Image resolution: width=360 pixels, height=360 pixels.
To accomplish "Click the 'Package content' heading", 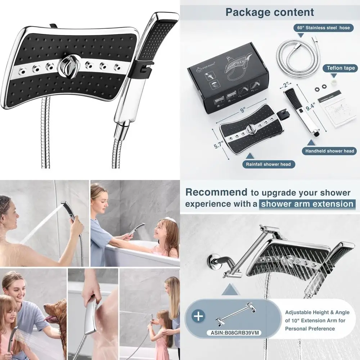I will click(x=270, y=12).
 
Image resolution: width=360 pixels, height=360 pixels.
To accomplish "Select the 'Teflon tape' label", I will click(x=341, y=68).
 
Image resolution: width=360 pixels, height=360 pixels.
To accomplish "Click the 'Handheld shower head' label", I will click(x=329, y=151).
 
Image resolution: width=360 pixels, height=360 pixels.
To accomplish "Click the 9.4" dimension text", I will click(x=311, y=106).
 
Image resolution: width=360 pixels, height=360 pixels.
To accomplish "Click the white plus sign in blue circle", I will click(x=198, y=317).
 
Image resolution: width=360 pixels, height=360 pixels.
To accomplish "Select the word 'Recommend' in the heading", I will click(x=216, y=192).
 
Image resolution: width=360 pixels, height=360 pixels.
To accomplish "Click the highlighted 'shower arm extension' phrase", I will click(x=307, y=204).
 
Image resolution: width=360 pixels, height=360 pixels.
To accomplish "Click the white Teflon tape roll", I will click(x=334, y=83).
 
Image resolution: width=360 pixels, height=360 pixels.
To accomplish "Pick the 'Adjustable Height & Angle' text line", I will click(x=317, y=312).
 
